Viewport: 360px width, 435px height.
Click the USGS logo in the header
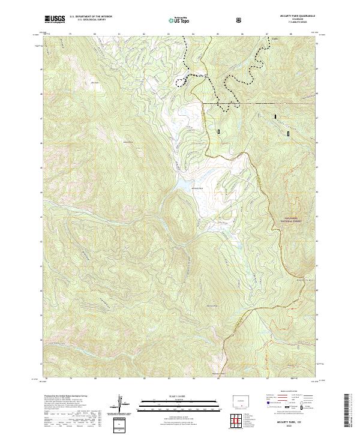coord(55,20)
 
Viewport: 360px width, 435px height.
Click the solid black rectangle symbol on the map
coord(276,117)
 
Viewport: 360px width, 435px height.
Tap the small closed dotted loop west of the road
coord(179,82)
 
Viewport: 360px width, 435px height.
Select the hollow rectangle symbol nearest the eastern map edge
coord(288,134)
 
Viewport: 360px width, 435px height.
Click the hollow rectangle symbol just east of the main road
coord(218,130)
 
